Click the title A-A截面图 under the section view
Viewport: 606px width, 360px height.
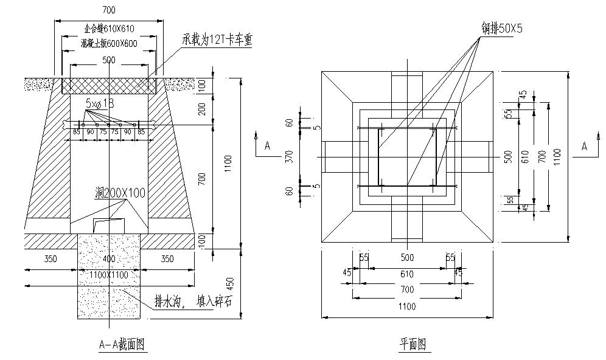coord(122,344)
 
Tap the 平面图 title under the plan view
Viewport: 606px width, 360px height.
coord(413,345)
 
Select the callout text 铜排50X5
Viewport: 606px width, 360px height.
coord(503,29)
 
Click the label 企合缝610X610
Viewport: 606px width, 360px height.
coord(108,29)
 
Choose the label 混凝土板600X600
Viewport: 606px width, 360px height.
coord(108,44)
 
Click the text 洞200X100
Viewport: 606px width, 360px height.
coord(120,193)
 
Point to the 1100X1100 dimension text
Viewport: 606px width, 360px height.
coord(109,275)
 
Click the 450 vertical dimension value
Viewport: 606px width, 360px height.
coord(229,283)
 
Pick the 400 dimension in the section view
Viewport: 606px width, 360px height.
coord(109,259)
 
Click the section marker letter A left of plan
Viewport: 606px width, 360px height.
coord(266,146)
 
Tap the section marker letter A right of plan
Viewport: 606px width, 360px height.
coord(585,146)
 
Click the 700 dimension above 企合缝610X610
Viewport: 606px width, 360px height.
coord(109,10)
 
